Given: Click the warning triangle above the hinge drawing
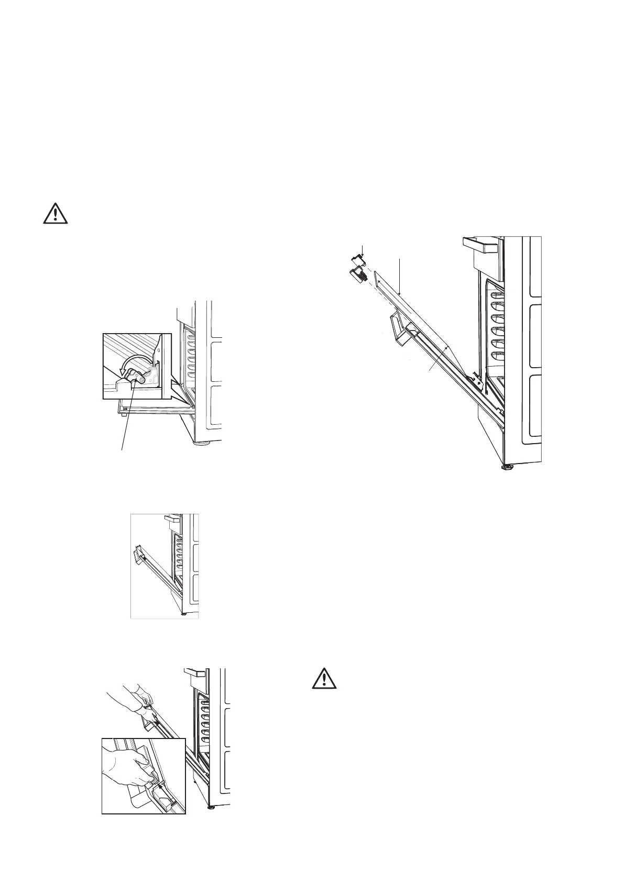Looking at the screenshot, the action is (x=56, y=214).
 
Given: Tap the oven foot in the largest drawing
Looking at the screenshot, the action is (x=507, y=466).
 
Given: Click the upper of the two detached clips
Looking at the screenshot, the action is (x=359, y=260).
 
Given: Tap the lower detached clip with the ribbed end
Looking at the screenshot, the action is (x=356, y=274).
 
